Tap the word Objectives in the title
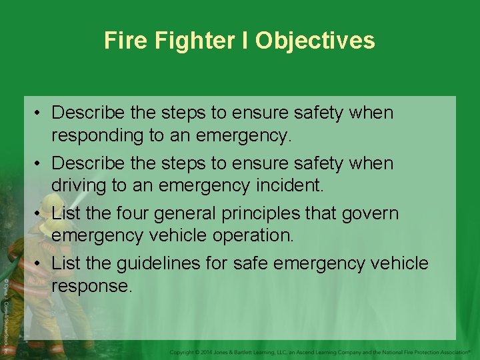pos(315,41)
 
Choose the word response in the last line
pos(92,287)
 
